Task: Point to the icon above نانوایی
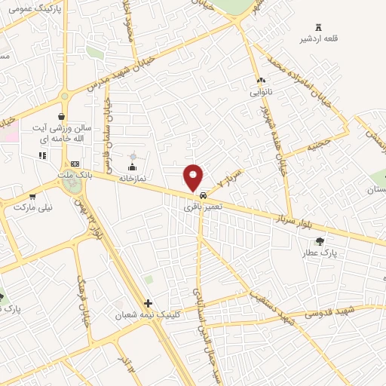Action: [x=262, y=80]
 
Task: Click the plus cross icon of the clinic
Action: [x=148, y=303]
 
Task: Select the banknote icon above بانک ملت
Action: [x=74, y=164]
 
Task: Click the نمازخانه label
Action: [x=133, y=179]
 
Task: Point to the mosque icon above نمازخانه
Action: [x=133, y=167]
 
